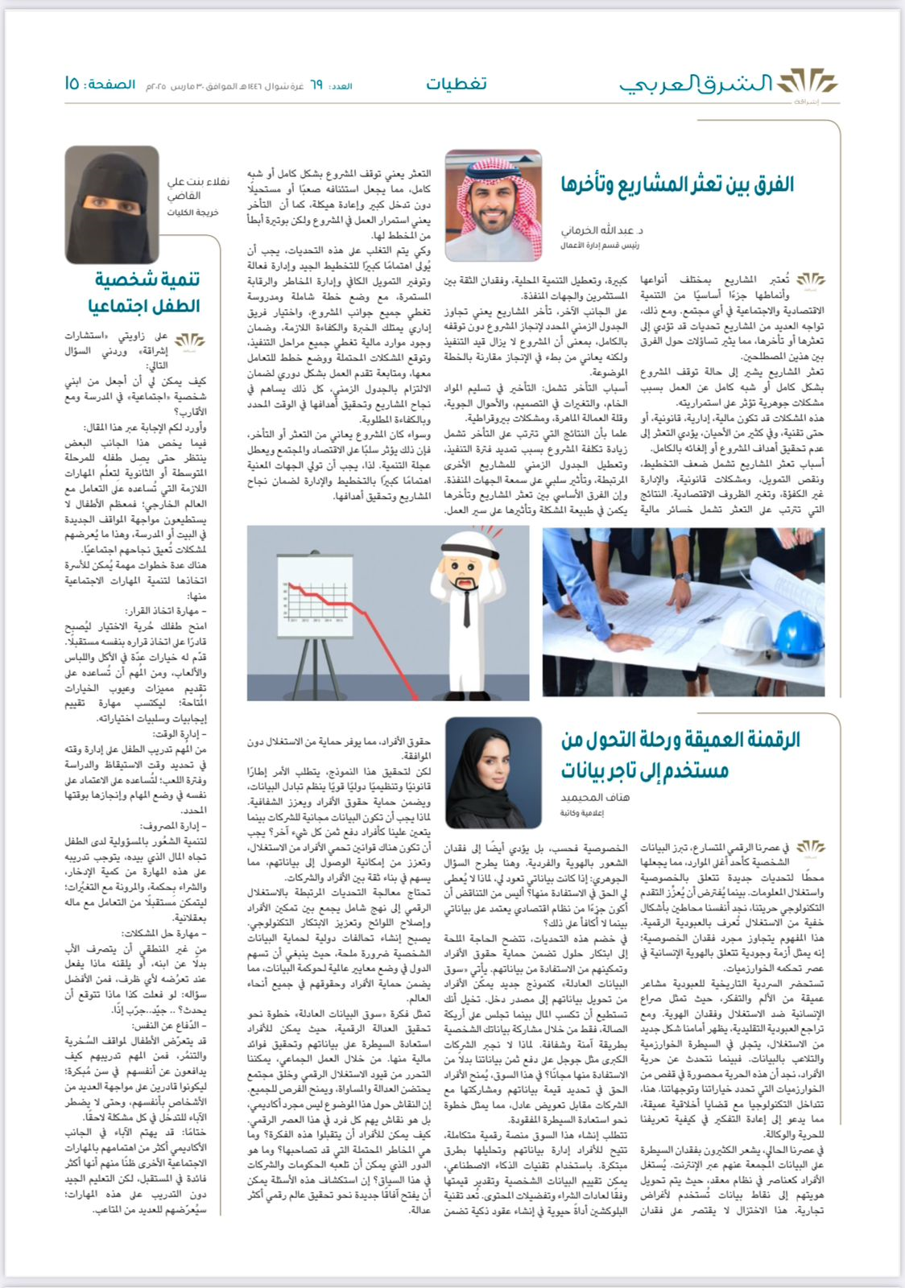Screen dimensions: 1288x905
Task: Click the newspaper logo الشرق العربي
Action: (729, 84)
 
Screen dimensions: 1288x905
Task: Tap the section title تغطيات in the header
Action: (457, 84)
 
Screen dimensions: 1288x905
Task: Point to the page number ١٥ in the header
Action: (72, 84)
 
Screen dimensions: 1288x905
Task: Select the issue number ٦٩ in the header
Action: (316, 85)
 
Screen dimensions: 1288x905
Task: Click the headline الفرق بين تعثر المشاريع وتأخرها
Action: (677, 185)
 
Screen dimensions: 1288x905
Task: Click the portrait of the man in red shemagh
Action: (493, 206)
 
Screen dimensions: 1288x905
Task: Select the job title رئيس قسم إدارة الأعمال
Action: (600, 245)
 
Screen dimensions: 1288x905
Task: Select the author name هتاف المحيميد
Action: (595, 797)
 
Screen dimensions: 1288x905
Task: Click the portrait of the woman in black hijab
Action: (493, 772)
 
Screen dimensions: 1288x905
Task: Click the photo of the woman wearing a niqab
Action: (101, 204)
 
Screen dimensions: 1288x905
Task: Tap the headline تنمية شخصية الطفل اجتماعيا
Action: (145, 293)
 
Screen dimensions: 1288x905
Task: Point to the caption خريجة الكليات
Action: (187, 213)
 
